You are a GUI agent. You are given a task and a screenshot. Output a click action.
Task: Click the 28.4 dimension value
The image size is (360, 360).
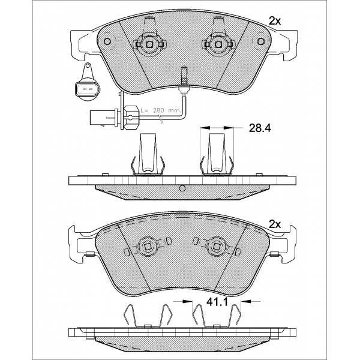(260, 128)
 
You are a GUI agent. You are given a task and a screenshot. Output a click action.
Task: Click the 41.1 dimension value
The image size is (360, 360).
(217, 302)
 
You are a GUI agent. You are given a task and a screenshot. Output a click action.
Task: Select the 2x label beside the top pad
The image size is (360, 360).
(275, 21)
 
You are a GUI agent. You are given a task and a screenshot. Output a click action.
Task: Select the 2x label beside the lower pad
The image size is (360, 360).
(275, 224)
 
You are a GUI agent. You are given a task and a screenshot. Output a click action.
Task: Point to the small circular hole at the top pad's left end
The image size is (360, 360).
(107, 41)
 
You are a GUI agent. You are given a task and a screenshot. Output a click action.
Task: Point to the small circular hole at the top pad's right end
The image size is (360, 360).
(261, 41)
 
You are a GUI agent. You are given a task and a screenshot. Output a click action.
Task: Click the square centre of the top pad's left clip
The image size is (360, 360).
(149, 44)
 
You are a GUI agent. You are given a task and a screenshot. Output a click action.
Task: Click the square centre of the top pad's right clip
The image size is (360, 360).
(218, 44)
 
